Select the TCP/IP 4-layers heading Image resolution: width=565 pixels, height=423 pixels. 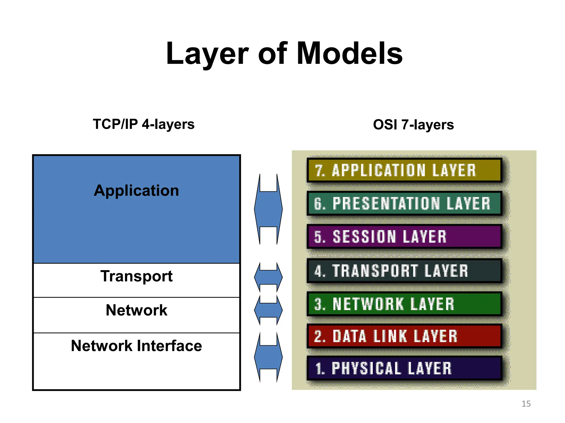tap(143, 124)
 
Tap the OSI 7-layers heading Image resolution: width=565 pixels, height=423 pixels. tap(413, 124)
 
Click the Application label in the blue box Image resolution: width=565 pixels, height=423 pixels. tap(136, 191)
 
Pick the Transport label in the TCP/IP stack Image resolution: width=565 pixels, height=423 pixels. tap(136, 276)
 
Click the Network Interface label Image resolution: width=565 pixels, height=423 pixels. tap(136, 346)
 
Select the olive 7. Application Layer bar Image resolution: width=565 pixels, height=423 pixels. tap(404, 170)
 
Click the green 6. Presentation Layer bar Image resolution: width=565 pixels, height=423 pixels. tap(404, 204)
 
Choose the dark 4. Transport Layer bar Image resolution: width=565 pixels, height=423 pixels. tap(404, 271)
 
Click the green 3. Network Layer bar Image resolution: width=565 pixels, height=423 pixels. tap(404, 304)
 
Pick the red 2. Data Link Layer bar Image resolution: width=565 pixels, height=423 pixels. tap(404, 336)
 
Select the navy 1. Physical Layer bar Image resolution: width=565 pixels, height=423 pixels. tap(404, 368)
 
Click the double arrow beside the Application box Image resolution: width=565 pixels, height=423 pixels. tap(268, 209)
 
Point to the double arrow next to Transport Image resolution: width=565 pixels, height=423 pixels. tap(268, 277)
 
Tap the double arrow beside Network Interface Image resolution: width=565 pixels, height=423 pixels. tap(268, 357)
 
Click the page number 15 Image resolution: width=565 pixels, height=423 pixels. tap(526, 404)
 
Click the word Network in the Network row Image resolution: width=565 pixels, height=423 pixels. tap(136, 310)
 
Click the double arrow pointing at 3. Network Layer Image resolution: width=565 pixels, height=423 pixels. tap(268, 310)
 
